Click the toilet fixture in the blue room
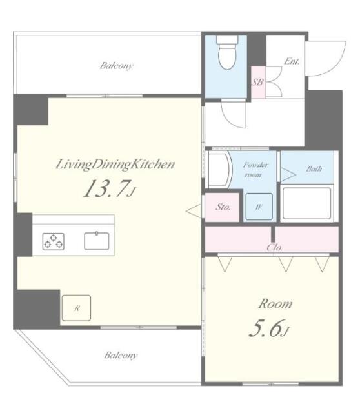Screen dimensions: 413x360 (x=226, y=52)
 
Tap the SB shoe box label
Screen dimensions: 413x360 (x=257, y=82)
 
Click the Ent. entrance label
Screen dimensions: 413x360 (x=292, y=61)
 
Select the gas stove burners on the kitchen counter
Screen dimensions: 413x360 (x=54, y=241)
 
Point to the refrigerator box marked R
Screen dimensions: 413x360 (x=76, y=308)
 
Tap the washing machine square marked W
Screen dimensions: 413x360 (x=258, y=206)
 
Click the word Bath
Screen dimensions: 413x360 (x=314, y=169)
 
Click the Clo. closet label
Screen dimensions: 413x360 (x=274, y=247)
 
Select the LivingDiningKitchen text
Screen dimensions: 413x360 (x=114, y=164)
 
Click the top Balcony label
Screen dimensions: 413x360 (x=116, y=65)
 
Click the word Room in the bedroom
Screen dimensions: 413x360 (x=275, y=303)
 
